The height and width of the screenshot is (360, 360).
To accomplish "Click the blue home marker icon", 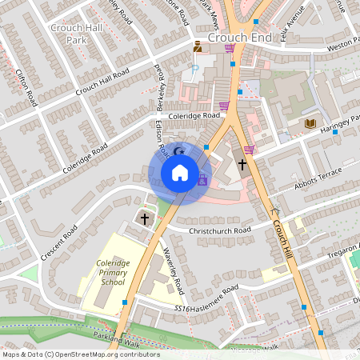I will [180, 172].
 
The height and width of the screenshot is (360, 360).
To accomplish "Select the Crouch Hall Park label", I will [77, 33].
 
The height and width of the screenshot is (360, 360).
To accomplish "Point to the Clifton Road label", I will [26, 88].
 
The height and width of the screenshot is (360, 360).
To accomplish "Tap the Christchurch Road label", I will [220, 230].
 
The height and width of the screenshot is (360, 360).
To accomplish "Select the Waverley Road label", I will [174, 270].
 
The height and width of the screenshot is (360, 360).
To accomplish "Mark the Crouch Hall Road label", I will [102, 83].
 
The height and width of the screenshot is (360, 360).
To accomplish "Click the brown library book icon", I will [310, 123].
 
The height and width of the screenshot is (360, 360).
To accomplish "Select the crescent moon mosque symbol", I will [179, 150].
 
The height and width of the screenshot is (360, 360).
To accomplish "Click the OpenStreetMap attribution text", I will [82, 354].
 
